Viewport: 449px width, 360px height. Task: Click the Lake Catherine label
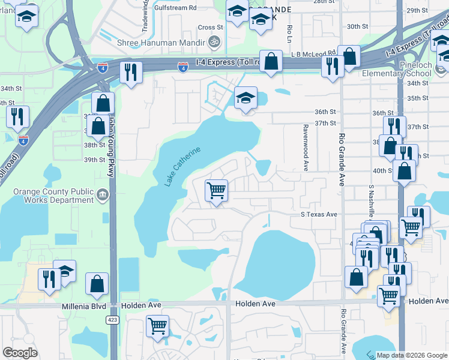(x=182, y=166)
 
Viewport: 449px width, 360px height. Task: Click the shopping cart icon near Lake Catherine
(x=216, y=191)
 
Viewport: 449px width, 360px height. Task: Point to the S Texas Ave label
(x=319, y=214)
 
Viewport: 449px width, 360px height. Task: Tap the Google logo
(x=20, y=353)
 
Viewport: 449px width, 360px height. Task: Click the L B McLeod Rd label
(x=312, y=53)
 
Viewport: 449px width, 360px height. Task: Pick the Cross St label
(x=210, y=27)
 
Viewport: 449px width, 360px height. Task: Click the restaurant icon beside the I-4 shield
(x=130, y=73)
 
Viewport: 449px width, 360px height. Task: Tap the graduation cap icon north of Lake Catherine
(x=246, y=98)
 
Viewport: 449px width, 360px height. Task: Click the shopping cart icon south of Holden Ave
(x=157, y=327)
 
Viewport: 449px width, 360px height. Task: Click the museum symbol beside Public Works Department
(x=102, y=195)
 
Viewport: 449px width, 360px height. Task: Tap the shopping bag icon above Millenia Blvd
(x=97, y=284)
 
